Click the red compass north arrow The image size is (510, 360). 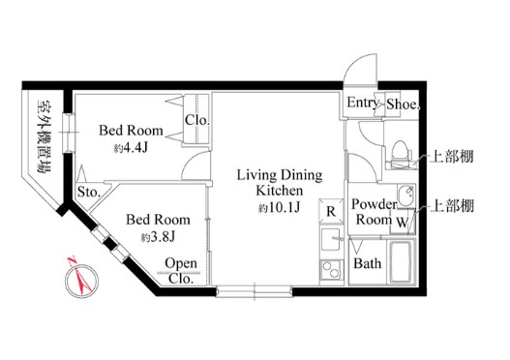point(79,275)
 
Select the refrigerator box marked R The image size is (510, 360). point(331,211)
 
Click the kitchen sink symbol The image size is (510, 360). point(331,239)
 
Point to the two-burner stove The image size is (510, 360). point(331,271)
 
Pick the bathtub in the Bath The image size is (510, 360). point(401,262)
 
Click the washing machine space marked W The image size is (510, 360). point(403,222)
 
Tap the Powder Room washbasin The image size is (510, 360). point(405,195)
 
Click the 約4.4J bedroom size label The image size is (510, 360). point(131,148)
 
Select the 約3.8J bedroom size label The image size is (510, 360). point(158,237)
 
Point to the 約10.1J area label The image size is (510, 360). point(279,207)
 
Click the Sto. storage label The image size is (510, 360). point(89,192)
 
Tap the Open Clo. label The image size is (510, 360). point(181,271)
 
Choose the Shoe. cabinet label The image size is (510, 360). point(403,105)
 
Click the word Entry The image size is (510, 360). point(362,103)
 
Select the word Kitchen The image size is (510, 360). point(279,191)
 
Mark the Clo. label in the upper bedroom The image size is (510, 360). point(196,120)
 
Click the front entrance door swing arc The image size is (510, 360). point(352,64)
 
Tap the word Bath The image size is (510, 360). point(367,263)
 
